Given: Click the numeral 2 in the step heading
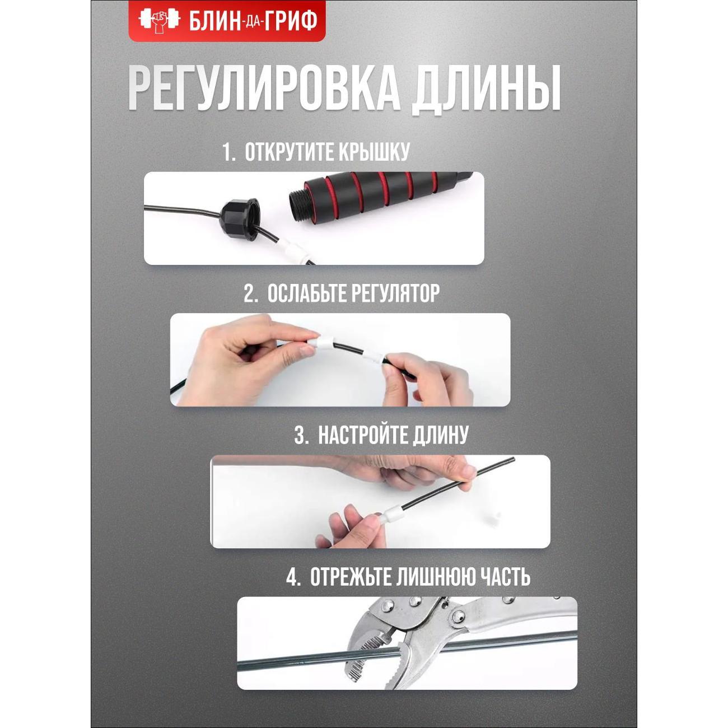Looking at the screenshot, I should click(x=249, y=294).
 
